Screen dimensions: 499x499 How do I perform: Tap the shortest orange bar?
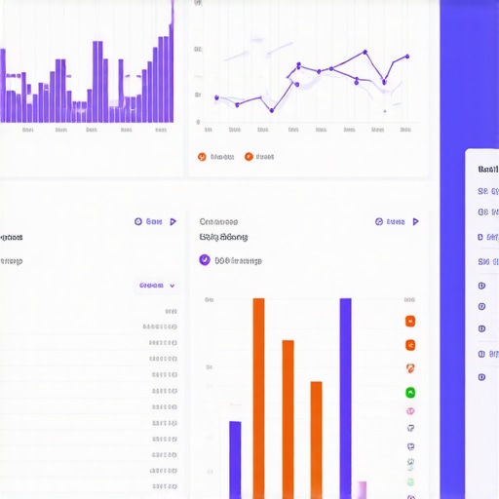316,439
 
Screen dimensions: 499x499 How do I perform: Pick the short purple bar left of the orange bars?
235,459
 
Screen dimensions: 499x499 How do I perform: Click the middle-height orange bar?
288,419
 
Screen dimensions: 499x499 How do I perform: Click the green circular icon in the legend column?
410,393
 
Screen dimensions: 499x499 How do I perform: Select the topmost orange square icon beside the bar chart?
410,322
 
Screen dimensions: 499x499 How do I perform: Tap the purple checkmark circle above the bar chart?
205,260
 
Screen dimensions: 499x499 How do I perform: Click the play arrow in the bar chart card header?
415,222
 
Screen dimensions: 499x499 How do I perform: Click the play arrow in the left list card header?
173,222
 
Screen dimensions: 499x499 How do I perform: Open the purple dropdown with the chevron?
157,286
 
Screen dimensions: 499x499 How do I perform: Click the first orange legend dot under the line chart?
202,156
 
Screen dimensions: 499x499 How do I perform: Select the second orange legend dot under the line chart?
249,156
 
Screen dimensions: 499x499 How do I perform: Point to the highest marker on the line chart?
365,52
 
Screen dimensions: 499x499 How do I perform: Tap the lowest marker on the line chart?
271,109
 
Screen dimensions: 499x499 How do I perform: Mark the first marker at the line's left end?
216,98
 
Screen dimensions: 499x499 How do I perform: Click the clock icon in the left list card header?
137,222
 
